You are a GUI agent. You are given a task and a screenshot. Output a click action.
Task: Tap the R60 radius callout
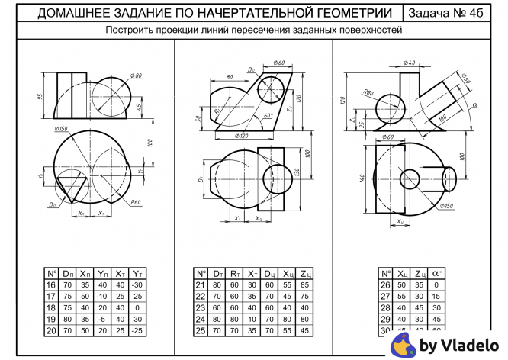pos(137,202)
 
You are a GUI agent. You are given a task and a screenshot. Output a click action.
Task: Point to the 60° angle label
pos(267,116)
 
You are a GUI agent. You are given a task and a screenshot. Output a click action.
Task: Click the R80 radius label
pos(369,93)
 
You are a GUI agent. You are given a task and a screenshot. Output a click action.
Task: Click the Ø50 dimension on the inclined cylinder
pos(465,79)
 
